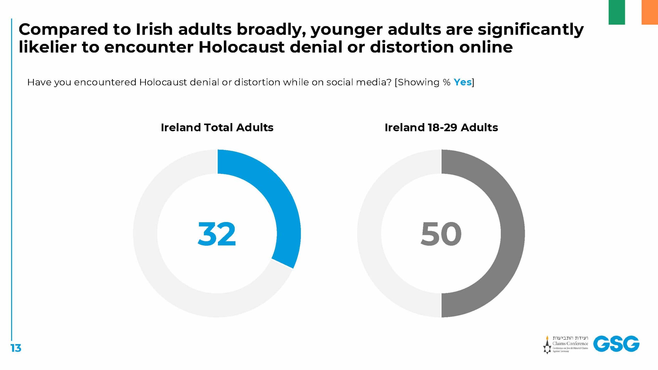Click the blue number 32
click(217, 234)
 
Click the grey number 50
click(441, 234)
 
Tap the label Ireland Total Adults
click(217, 127)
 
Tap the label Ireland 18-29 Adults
click(441, 127)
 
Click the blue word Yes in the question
click(462, 82)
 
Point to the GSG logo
click(616, 344)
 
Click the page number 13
click(16, 348)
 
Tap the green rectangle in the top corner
click(616, 12)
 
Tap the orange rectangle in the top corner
click(650, 12)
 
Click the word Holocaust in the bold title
click(242, 47)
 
